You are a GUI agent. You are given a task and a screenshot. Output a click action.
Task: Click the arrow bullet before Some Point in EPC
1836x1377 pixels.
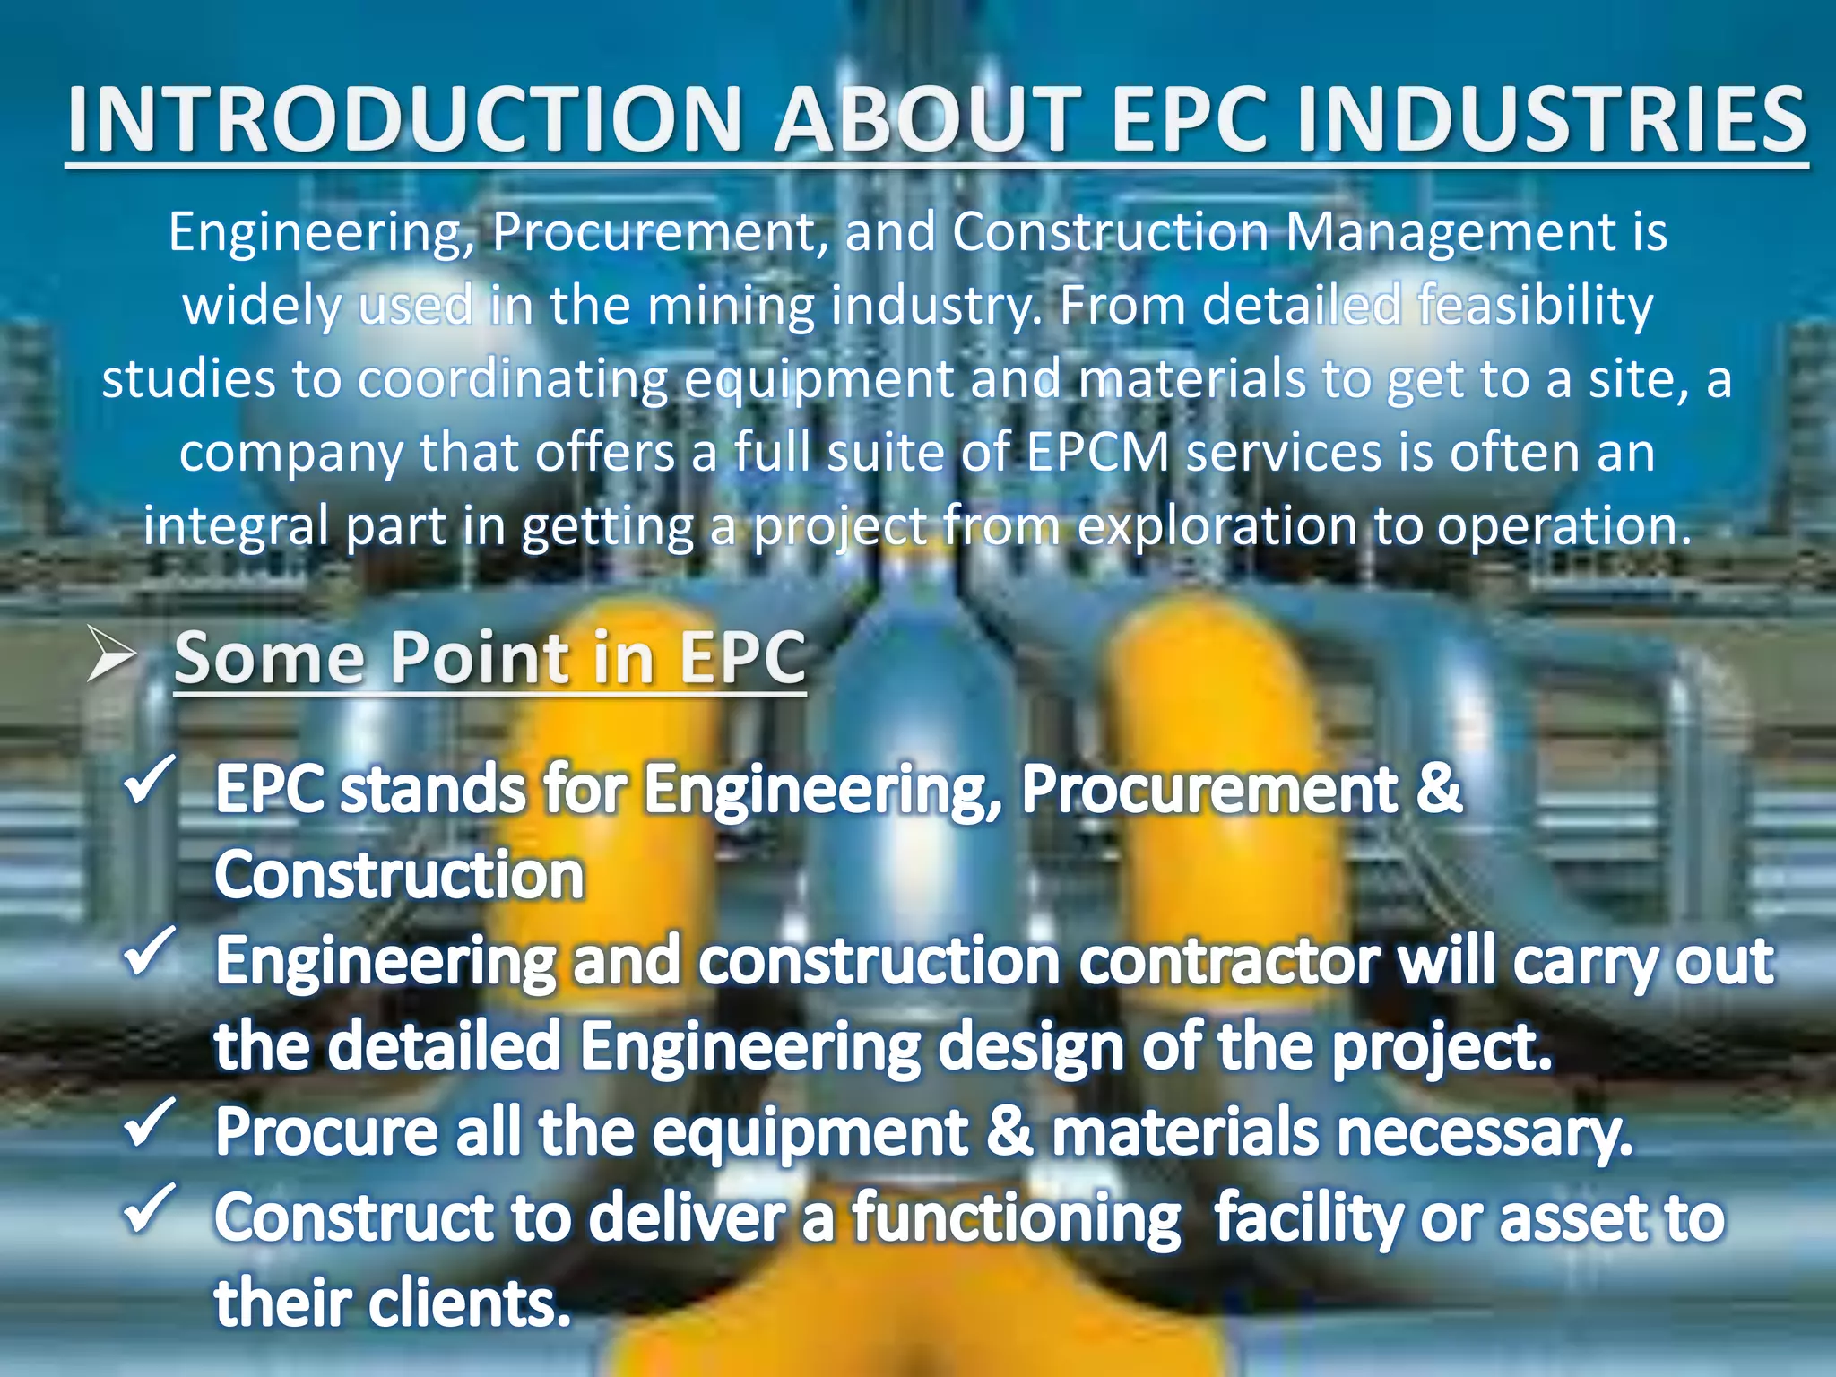point(111,655)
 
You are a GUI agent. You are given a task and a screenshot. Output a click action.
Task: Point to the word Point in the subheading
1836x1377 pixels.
point(480,659)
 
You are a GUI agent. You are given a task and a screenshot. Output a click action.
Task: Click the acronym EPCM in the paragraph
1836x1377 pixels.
point(1097,453)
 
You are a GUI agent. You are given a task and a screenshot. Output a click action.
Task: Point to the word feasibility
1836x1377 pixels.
point(1535,307)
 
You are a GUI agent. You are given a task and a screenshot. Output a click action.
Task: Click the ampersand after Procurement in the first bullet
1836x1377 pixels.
point(1439,789)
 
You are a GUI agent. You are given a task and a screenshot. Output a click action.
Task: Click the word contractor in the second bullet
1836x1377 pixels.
point(1228,962)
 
